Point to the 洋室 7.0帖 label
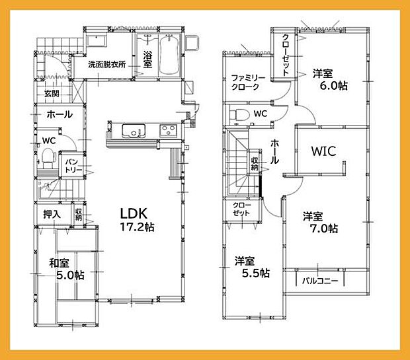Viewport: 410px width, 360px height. [x=321, y=223]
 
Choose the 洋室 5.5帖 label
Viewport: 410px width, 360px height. [x=252, y=267]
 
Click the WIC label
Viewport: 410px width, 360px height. [x=323, y=151]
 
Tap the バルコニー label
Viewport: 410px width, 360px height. [x=320, y=281]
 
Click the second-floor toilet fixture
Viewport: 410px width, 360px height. [x=239, y=114]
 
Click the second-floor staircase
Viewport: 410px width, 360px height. [x=240, y=168]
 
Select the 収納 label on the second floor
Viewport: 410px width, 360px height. [x=255, y=161]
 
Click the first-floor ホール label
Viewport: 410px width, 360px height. [x=59, y=115]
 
